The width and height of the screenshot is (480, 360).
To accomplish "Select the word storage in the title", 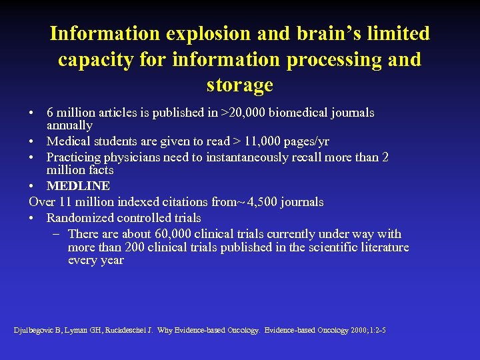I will pos(240,85).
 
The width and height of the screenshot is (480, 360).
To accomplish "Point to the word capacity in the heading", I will pos(95,59).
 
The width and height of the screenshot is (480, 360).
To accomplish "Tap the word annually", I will pos(69,125).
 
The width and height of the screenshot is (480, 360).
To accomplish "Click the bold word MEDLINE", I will pos(78,185).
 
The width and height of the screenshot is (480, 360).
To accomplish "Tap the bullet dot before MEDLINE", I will pos(33,186).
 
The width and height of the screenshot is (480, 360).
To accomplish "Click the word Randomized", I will pos(80,217).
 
